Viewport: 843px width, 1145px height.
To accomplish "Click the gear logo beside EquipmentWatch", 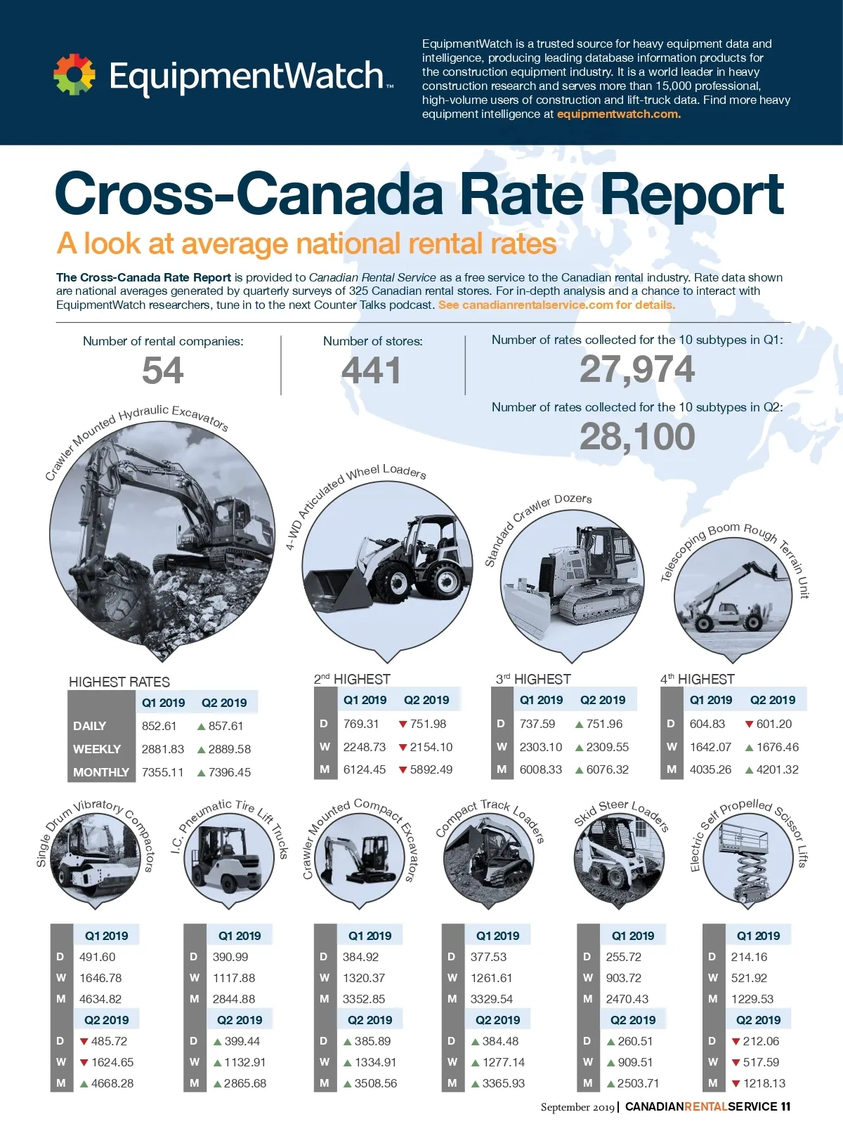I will point(74,74).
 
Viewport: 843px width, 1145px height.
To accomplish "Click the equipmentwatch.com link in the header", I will point(618,114).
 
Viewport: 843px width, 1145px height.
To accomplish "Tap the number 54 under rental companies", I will point(162,371).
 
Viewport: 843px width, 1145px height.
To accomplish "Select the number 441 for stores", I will point(371,371).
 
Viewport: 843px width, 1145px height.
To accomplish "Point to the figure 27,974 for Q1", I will point(636,369).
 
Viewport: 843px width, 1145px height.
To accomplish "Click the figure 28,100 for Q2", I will point(636,437).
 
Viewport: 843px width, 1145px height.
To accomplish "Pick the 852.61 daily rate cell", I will point(159,726).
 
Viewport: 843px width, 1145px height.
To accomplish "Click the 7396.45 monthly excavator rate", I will point(229,772).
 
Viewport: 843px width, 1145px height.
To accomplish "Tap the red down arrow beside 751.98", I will point(403,724).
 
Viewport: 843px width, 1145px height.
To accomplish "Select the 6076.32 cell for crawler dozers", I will point(607,769).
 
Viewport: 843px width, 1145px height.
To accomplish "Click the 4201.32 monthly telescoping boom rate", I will point(777,769).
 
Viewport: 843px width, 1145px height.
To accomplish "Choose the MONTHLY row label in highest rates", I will point(100,772).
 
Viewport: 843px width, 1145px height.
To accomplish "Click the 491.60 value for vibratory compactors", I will point(97,957).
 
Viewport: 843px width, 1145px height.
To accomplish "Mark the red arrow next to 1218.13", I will point(736,1084).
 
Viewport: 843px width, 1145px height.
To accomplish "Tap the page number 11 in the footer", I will point(785,1106).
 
